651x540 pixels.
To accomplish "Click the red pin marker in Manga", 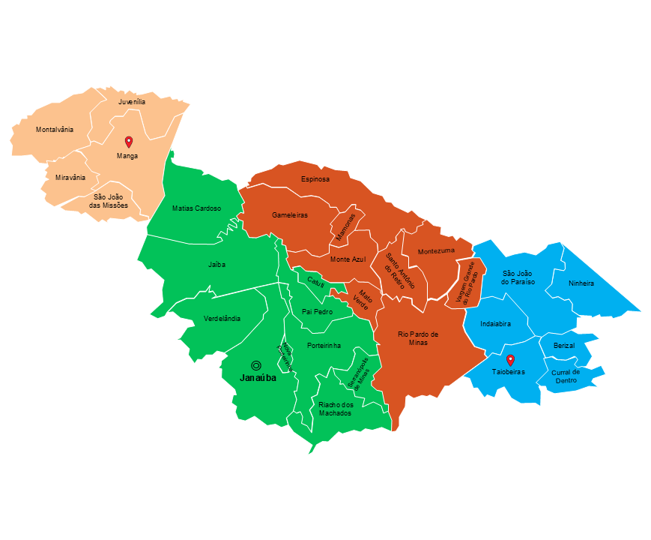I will (x=128, y=142).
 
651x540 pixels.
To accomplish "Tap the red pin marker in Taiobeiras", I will (x=510, y=360).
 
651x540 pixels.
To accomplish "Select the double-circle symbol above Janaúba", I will (x=256, y=365).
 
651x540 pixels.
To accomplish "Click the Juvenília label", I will (x=132, y=100).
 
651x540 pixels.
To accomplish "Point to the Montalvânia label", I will (x=55, y=130).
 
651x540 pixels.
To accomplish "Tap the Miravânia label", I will (x=70, y=178).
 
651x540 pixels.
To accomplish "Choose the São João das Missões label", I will (x=109, y=201).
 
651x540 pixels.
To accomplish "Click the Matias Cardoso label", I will (x=196, y=208).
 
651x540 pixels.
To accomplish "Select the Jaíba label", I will (x=217, y=264).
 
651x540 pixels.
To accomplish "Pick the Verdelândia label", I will (x=222, y=319).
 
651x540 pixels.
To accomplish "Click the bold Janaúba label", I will (x=258, y=379).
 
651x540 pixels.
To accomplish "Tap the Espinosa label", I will (x=315, y=179).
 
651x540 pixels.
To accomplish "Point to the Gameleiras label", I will (x=291, y=215).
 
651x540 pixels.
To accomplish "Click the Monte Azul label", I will (x=348, y=259).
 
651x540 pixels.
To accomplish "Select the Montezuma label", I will (x=436, y=251).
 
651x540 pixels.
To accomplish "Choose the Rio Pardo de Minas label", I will (x=418, y=338).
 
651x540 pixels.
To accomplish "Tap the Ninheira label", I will (x=581, y=283).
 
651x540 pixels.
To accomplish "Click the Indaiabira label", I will (x=496, y=324).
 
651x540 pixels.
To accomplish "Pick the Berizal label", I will (x=564, y=345).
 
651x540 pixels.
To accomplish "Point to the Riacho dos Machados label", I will (x=336, y=409).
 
